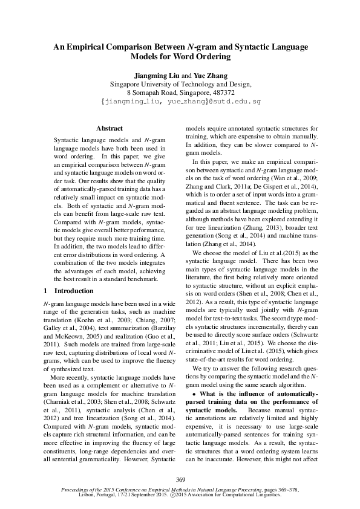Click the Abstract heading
pyautogui.click(x=110, y=128)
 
